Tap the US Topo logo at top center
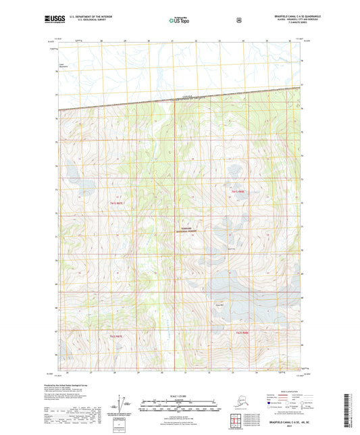[x=179, y=20]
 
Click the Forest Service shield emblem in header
[x=238, y=20]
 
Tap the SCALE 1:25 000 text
[x=179, y=395]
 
